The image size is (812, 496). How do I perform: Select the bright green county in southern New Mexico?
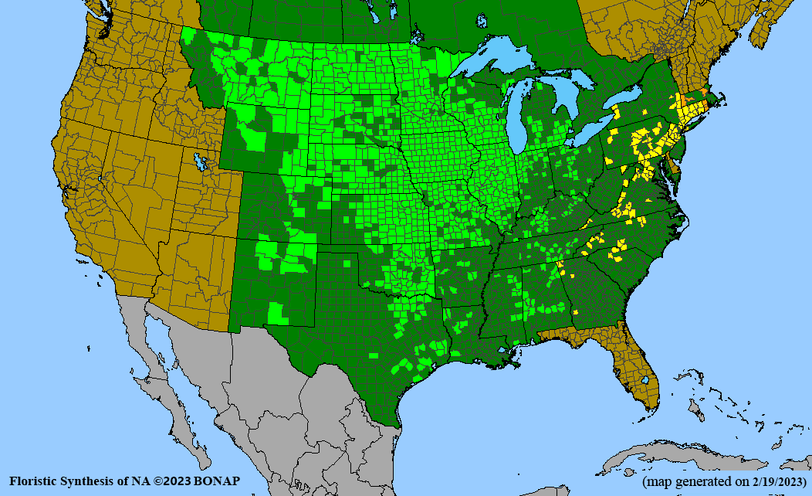pos(276,313)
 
